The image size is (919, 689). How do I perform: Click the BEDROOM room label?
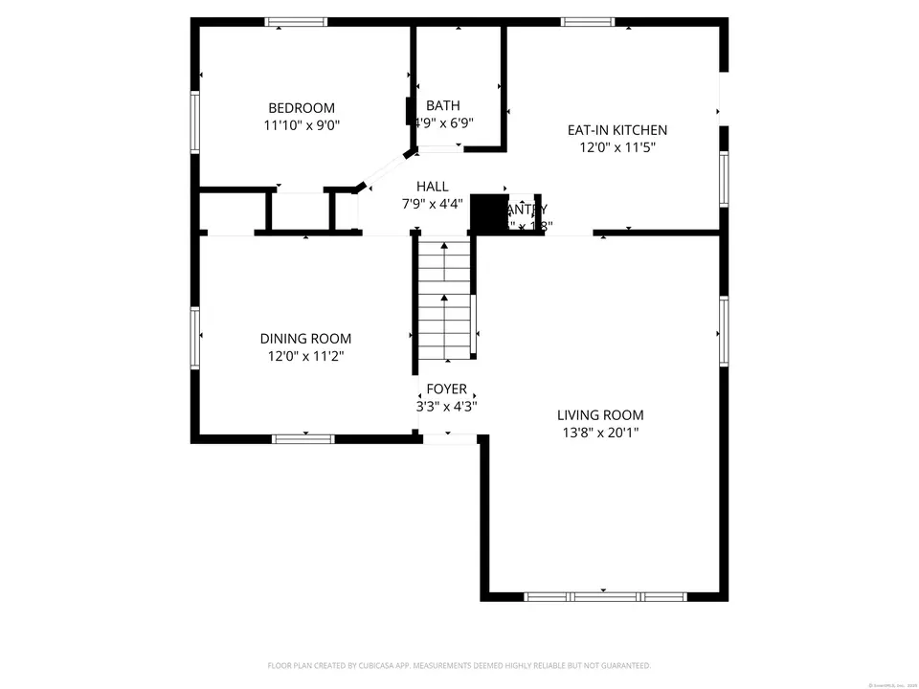(x=301, y=108)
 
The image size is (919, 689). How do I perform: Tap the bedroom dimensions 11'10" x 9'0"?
(x=301, y=125)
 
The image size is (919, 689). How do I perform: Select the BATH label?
(x=443, y=105)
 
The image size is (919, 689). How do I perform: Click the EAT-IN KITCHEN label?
(x=617, y=130)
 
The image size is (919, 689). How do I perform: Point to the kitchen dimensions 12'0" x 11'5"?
(x=617, y=147)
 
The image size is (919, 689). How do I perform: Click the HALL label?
(x=432, y=187)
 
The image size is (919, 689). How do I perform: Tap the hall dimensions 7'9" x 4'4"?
(x=432, y=204)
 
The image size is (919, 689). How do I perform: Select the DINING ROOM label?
(x=305, y=339)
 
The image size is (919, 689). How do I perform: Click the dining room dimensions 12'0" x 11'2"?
(x=305, y=356)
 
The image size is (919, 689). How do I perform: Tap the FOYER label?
(x=446, y=389)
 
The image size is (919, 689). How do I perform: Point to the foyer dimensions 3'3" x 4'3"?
(x=446, y=406)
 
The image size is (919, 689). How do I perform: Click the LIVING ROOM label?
(x=600, y=415)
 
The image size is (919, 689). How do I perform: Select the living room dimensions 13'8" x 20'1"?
(x=600, y=433)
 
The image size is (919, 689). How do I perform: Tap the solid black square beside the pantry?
(x=487, y=212)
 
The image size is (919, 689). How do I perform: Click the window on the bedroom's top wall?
(x=296, y=22)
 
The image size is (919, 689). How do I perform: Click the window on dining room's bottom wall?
(x=303, y=438)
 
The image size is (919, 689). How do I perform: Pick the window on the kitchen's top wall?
(x=587, y=22)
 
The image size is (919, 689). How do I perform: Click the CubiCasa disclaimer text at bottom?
(x=459, y=665)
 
